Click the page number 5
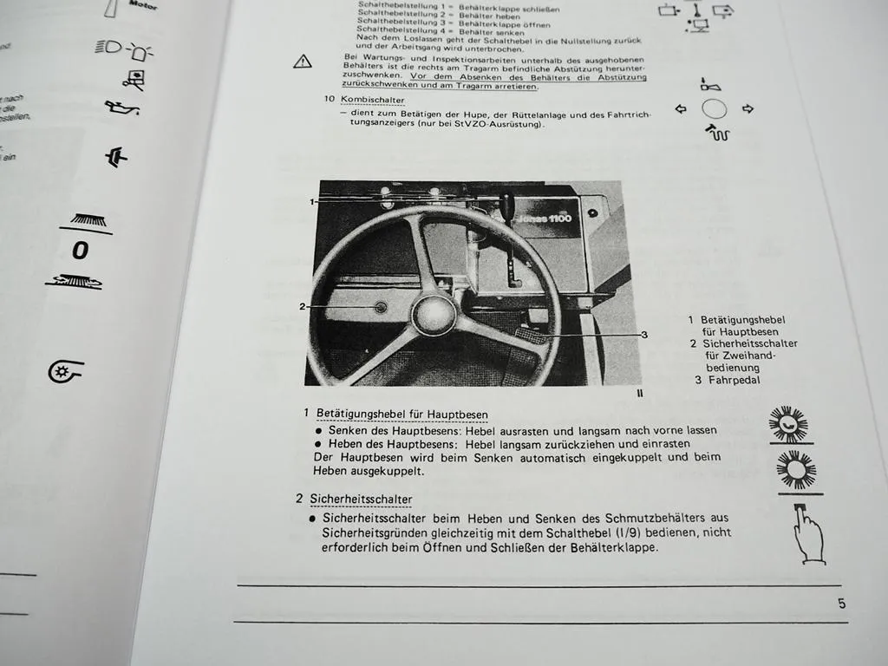(841, 604)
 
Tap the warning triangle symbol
(302, 61)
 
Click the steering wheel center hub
(434, 313)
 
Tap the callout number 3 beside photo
(644, 335)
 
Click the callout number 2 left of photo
(303, 306)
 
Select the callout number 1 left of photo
(310, 201)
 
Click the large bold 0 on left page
(80, 251)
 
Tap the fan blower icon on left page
(62, 372)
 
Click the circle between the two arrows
(714, 110)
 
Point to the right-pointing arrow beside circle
(748, 110)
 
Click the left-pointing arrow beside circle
(680, 110)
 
